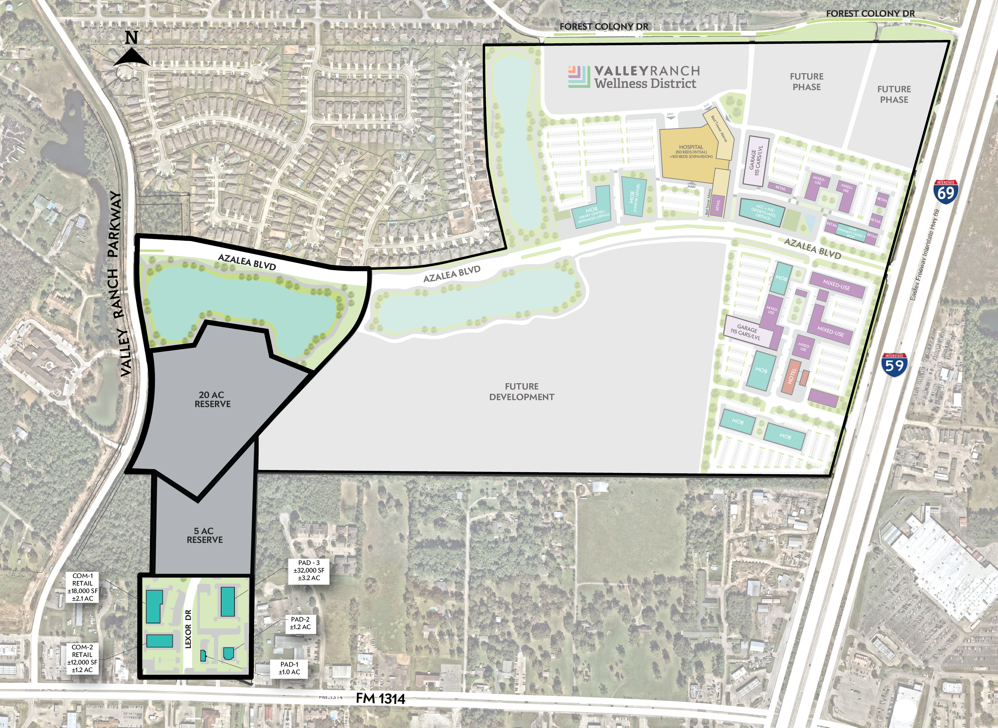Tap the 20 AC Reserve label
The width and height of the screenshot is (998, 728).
coord(212,399)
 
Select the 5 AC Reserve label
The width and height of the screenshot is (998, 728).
coord(205,535)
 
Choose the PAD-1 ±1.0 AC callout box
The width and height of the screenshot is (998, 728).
coord(289,668)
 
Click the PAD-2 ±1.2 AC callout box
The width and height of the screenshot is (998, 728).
coord(300,623)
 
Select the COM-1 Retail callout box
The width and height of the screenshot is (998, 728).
coord(82,587)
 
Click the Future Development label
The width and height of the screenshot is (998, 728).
coord(522,391)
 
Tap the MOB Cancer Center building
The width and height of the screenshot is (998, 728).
coord(634,196)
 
